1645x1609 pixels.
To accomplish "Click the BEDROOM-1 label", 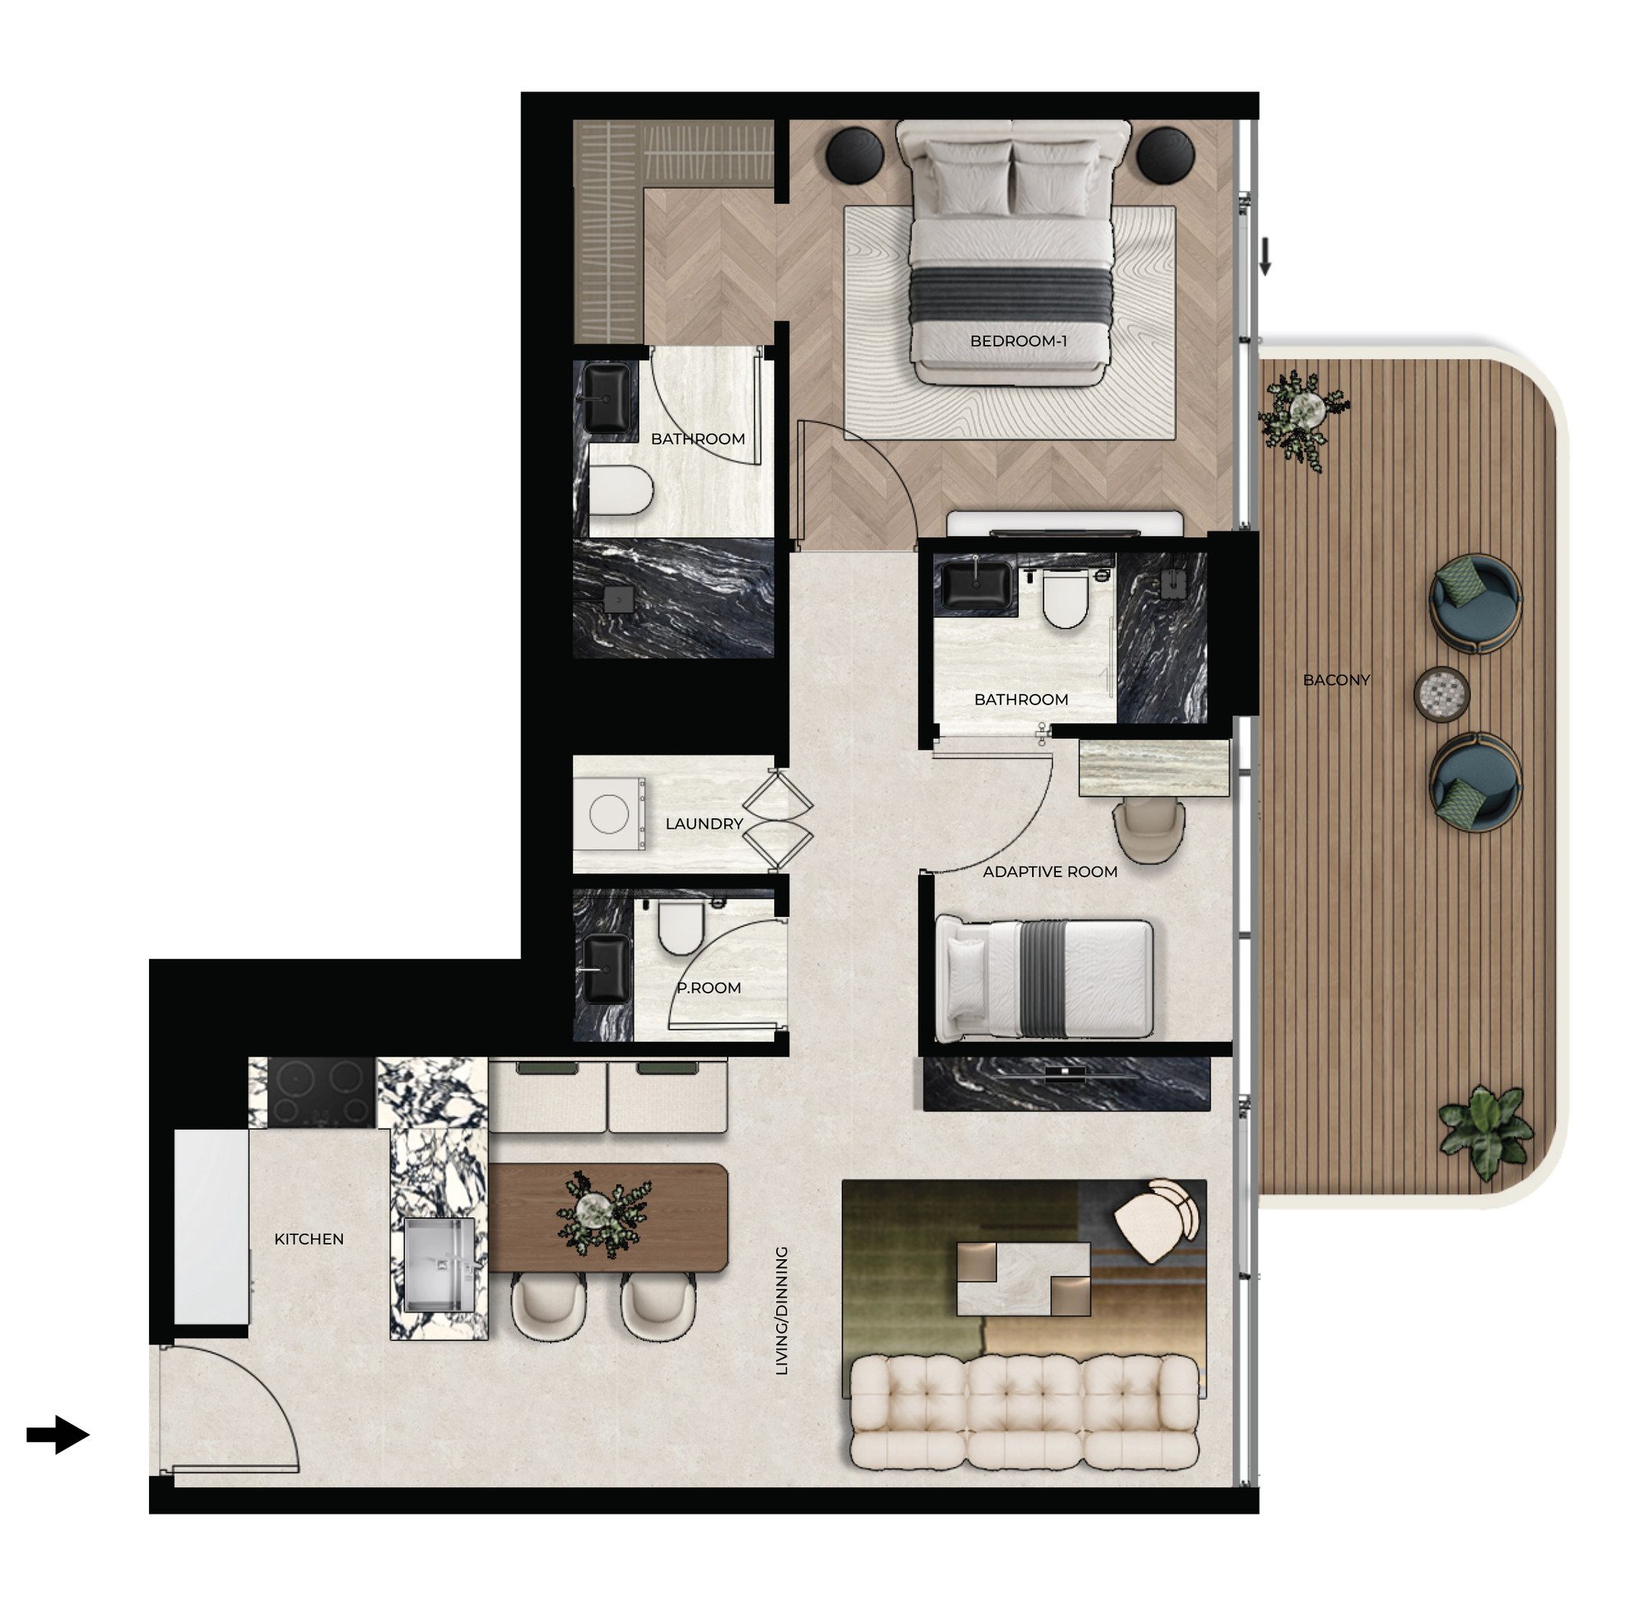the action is [1017, 342].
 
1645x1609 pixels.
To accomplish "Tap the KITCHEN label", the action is [309, 1239].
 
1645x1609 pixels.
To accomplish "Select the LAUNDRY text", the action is [704, 824].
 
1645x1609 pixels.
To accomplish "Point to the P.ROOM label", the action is [709, 988].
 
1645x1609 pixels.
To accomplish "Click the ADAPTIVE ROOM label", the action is [1049, 872].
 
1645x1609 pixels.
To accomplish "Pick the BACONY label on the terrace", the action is [1336, 681].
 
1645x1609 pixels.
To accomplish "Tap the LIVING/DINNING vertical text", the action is [782, 1311].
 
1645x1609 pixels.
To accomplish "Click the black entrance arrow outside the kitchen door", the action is [58, 1434].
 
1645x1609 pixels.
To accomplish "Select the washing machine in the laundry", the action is [608, 814].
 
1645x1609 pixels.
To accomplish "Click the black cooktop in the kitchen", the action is [321, 1092].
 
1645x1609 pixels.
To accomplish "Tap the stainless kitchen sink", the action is [439, 1264].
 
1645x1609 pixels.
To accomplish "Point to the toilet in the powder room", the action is [680, 927].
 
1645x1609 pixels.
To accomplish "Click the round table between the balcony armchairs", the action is [1442, 695].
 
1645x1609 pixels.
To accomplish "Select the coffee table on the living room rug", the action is [1022, 1279].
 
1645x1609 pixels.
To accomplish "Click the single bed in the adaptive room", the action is [1044, 979].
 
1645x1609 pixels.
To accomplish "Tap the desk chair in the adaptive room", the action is [1148, 831].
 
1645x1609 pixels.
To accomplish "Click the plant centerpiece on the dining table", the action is [603, 1213].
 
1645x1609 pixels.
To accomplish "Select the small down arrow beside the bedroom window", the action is [1265, 257].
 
